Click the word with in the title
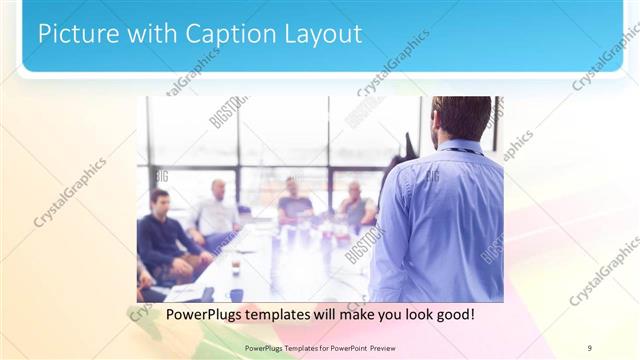pos(151,33)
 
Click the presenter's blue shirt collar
pos(460,146)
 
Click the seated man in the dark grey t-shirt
pos(295,205)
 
